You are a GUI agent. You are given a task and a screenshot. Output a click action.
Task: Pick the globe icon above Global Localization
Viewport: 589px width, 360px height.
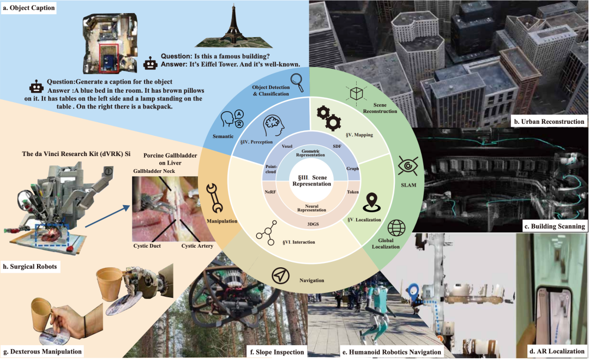tap(397, 229)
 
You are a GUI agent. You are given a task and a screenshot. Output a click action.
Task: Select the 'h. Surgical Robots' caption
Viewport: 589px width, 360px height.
tap(33, 267)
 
